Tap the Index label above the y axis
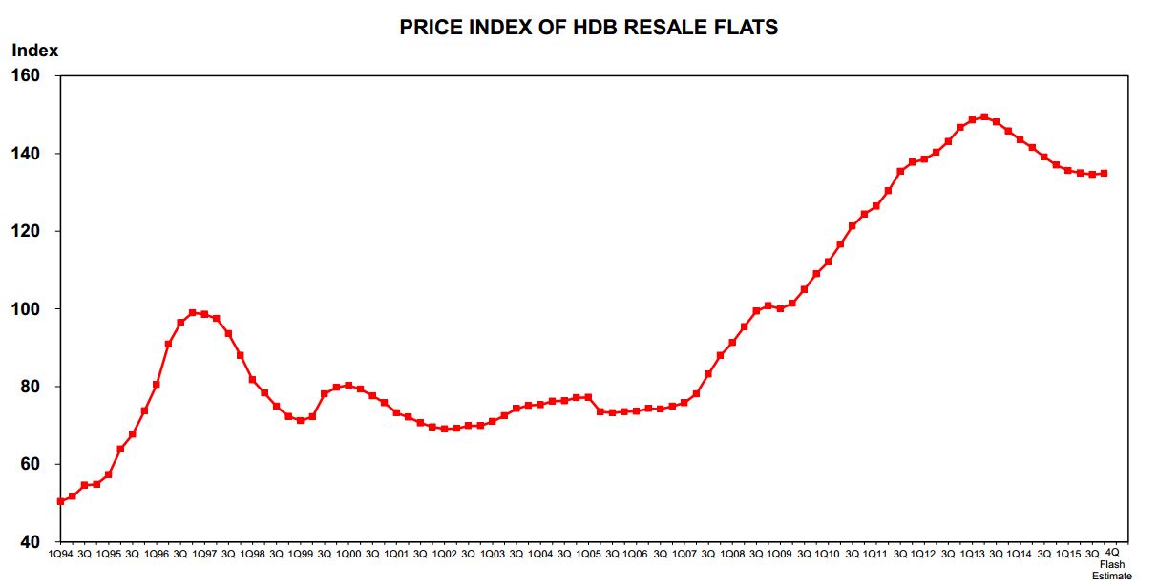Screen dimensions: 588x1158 (x=35, y=51)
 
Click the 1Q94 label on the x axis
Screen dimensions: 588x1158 (x=60, y=554)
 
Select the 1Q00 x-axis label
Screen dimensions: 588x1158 (x=348, y=554)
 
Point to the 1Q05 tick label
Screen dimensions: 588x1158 (x=588, y=554)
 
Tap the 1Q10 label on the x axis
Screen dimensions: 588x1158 (x=828, y=554)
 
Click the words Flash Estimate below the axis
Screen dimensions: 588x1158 (x=1112, y=570)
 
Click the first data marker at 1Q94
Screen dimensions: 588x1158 (x=60, y=501)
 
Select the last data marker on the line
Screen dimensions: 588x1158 (x=1104, y=173)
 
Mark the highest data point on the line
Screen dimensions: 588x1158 (x=984, y=117)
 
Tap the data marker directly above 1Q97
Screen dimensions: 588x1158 (x=204, y=314)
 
